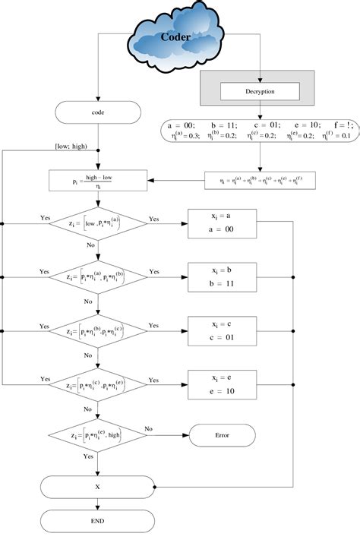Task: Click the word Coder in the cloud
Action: [175, 36]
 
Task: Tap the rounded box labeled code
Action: [99, 112]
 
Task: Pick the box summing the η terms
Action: [260, 181]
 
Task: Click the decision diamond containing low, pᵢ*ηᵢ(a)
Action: [99, 224]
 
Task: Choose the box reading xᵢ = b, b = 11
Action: [222, 276]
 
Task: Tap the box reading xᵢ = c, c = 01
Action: [222, 330]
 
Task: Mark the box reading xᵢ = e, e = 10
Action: [222, 383]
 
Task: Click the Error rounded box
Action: [222, 435]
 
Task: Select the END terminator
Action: [99, 521]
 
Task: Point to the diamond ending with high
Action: [99, 435]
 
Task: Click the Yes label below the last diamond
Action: [90, 457]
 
